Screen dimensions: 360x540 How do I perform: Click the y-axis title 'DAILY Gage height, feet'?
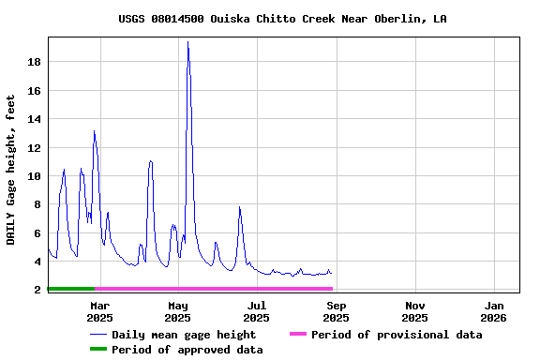point(11,170)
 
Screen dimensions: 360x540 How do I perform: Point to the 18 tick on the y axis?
point(34,62)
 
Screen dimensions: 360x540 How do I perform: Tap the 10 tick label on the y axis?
point(34,176)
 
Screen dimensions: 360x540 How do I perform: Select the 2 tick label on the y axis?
point(37,290)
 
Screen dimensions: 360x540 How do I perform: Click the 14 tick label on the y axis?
point(34,119)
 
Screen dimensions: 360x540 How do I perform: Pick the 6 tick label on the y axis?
point(37,232)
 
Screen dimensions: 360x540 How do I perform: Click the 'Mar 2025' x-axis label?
point(100,311)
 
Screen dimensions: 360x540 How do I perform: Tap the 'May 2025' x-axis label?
point(179,311)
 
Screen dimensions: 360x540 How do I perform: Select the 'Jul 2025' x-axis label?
point(257,311)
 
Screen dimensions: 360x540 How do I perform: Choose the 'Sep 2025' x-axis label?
point(337,311)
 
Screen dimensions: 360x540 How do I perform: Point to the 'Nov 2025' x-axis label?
point(415,311)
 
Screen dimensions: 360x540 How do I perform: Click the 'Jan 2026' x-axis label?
point(494,311)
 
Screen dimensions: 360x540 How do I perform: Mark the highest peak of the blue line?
point(187,42)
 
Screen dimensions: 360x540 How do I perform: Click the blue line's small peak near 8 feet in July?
point(240,207)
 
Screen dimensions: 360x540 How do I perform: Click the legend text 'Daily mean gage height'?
point(184,335)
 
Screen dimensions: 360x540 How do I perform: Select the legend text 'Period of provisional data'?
point(397,335)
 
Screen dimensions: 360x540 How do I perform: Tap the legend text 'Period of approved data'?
point(187,350)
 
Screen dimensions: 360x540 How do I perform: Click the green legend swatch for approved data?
point(97,350)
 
